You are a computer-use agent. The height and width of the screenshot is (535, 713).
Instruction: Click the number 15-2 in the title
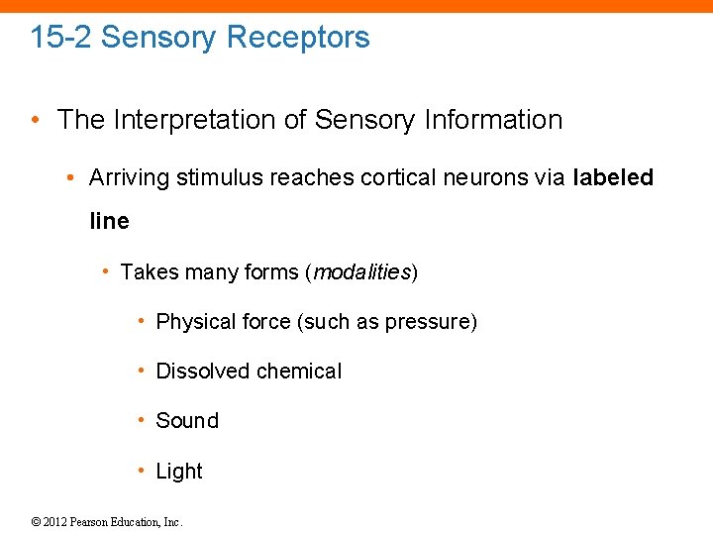(x=61, y=38)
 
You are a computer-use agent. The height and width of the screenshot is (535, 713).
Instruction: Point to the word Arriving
(x=129, y=178)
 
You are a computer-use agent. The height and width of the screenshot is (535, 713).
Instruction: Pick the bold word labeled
(x=613, y=178)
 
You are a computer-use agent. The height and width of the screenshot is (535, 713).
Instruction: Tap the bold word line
(x=109, y=221)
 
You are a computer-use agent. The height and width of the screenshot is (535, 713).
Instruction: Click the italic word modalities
(x=360, y=271)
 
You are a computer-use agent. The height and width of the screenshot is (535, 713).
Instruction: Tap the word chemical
(x=298, y=372)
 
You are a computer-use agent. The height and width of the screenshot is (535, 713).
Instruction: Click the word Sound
(x=187, y=421)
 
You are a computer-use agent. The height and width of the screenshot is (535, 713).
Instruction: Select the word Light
(x=179, y=472)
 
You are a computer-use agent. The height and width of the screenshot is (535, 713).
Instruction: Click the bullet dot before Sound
(x=144, y=421)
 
